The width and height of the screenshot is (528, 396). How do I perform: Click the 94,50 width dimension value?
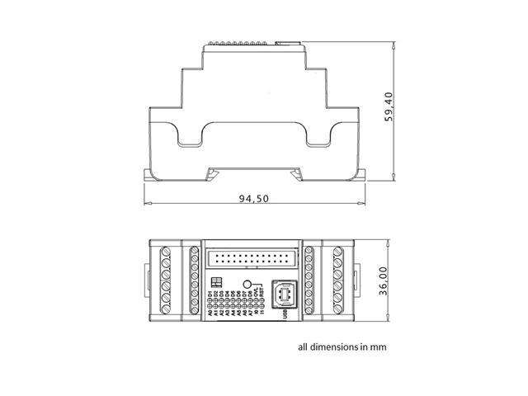pos(254,199)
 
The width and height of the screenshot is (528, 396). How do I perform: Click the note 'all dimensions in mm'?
pos(342,347)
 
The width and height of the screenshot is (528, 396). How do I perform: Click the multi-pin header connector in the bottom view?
pos(254,258)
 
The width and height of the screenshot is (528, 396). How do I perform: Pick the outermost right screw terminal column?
pos(339,281)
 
